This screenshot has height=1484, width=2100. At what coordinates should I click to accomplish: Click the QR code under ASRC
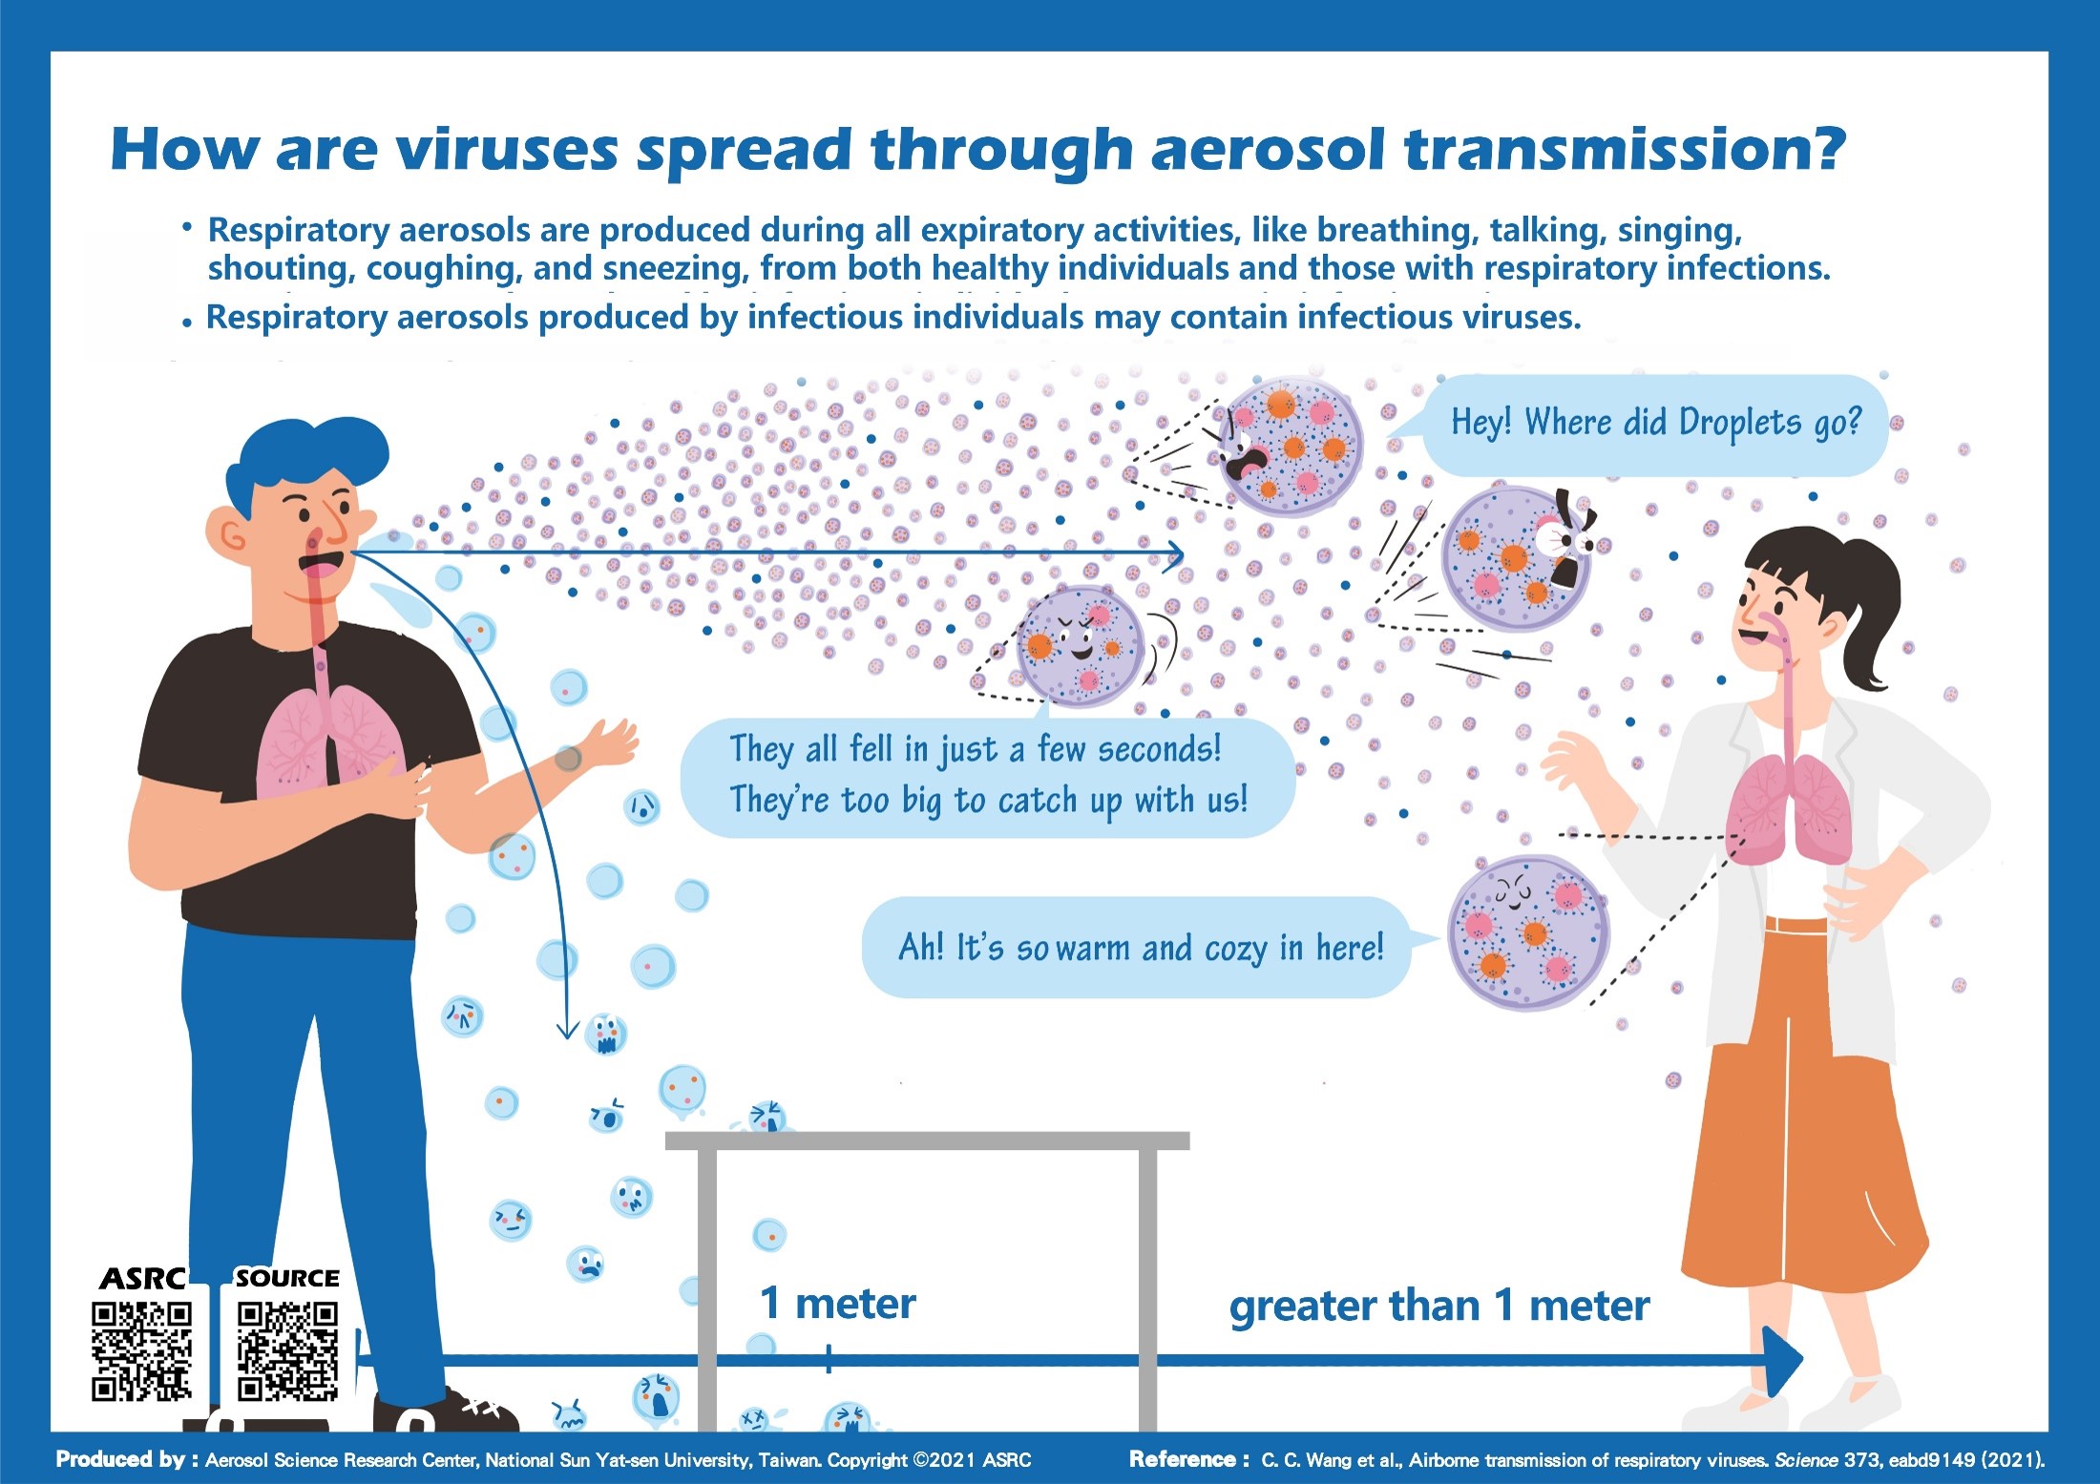tap(141, 1351)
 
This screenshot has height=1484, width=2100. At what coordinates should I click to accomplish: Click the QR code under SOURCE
tap(288, 1351)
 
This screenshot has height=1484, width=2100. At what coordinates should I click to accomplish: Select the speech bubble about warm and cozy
tap(1141, 948)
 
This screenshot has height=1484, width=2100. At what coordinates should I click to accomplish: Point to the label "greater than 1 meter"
tap(1439, 1306)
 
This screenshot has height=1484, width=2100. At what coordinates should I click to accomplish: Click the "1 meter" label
tap(837, 1304)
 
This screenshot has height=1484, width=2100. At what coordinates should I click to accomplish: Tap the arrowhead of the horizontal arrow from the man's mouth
tap(1176, 554)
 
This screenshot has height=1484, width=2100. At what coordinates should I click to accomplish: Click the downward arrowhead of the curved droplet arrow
tap(568, 1029)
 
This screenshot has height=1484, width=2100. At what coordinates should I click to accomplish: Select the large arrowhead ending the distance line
tap(1781, 1362)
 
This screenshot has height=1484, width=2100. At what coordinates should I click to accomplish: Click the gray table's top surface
tap(927, 1140)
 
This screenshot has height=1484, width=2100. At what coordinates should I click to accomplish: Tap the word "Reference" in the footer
tap(1183, 1459)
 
